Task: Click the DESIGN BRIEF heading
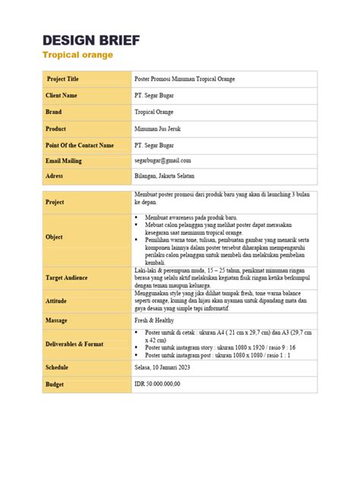[x=91, y=40]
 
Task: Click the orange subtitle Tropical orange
[x=77, y=55]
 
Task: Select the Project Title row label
[x=63, y=79]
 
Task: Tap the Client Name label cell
[x=62, y=96]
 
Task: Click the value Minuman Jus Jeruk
[x=159, y=128]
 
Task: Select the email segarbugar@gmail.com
[x=163, y=160]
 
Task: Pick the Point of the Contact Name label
[x=80, y=144]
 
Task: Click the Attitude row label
[x=57, y=302]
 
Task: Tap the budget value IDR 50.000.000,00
[x=158, y=384]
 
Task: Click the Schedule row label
[x=58, y=368]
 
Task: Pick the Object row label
[x=55, y=237]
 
